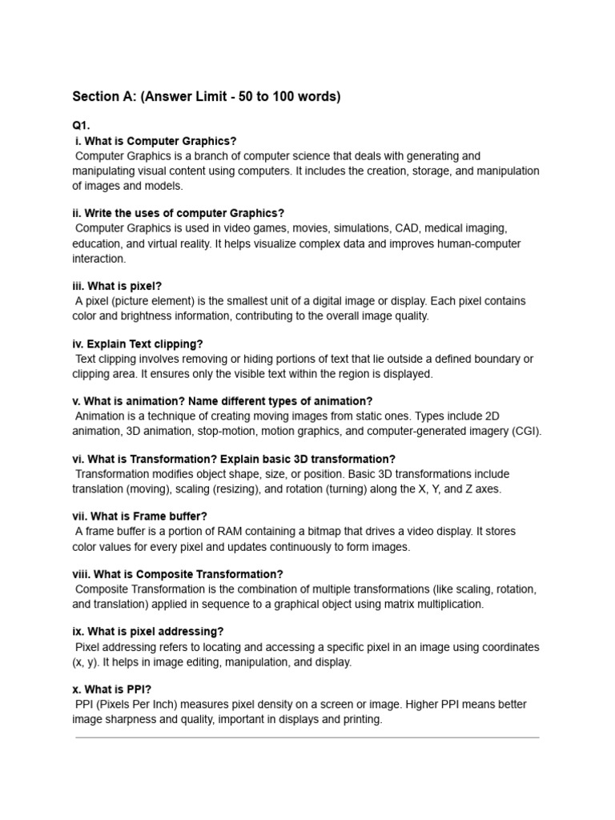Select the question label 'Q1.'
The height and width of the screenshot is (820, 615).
point(81,127)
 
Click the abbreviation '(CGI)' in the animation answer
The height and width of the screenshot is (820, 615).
point(527,431)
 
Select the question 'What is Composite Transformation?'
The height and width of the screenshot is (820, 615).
point(182,574)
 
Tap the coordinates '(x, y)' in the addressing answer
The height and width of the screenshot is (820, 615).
point(90,662)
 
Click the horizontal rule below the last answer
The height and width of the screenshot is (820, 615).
point(307,738)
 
